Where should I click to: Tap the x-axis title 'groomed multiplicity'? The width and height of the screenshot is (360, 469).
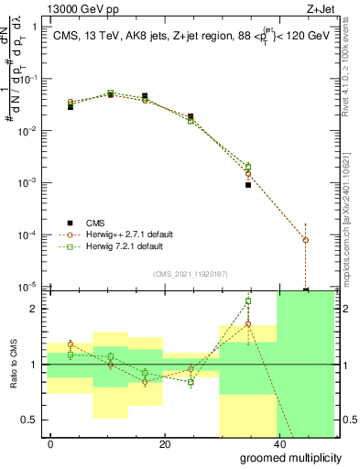click(x=284, y=457)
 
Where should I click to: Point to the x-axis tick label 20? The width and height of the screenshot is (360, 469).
click(x=164, y=443)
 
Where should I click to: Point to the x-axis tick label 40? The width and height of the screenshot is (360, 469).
click(x=278, y=443)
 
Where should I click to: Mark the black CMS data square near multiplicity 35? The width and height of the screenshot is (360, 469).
click(x=248, y=185)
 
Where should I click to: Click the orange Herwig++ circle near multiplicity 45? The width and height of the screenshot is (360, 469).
click(x=306, y=240)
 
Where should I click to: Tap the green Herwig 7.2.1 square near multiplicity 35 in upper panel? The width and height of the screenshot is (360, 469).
click(x=248, y=166)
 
